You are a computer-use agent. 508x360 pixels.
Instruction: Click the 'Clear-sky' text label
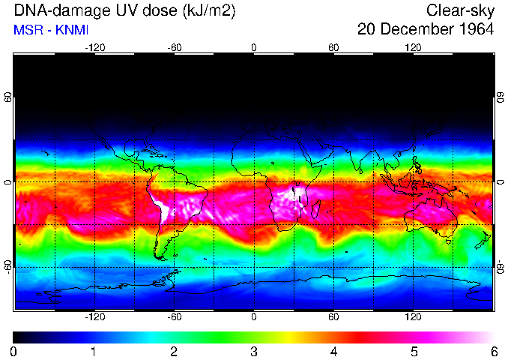click(x=460, y=10)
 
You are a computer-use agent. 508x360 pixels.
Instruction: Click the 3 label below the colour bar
click(x=254, y=351)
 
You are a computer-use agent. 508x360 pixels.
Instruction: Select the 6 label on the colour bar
click(x=493, y=351)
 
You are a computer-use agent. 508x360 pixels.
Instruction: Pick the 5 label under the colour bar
click(x=413, y=351)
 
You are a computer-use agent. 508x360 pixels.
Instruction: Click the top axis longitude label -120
click(x=94, y=48)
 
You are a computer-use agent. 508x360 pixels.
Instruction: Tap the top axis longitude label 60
click(x=333, y=48)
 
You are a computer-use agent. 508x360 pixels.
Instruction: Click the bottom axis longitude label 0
click(x=254, y=316)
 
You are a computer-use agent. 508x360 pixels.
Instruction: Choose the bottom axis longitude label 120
click(x=413, y=316)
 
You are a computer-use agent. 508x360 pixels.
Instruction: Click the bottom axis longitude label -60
click(x=174, y=316)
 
